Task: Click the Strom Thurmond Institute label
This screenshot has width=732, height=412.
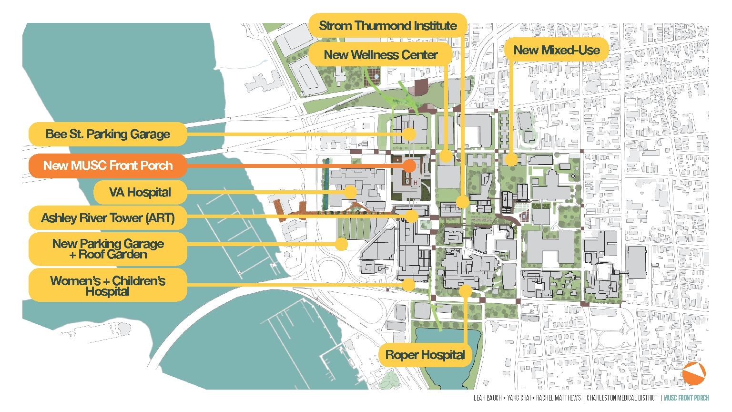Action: pos(387,26)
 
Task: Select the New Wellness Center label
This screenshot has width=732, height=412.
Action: pos(380,55)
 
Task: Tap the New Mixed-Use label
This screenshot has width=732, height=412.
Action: pos(556,50)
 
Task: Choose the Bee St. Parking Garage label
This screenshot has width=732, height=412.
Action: pos(108,134)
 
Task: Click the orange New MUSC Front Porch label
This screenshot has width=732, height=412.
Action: pos(108,165)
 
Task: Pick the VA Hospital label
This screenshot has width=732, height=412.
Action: pos(140,192)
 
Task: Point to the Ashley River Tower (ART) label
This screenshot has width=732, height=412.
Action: pos(108,218)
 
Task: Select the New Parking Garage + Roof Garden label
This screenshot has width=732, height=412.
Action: pos(108,249)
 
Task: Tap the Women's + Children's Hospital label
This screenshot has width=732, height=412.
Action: pos(108,286)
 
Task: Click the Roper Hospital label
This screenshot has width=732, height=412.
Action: pos(425,355)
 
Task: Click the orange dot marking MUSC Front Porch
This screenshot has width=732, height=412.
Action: pos(409,165)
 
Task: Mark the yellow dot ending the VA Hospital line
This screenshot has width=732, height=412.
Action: pos(350,192)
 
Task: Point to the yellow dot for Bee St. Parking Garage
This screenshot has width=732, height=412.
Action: pos(409,134)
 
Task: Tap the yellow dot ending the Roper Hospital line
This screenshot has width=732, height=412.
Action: pos(466,290)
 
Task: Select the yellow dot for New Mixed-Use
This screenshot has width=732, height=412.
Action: pos(511,159)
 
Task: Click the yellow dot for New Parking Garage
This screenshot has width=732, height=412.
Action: pos(341,244)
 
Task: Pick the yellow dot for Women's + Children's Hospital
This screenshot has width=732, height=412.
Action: pos(408,285)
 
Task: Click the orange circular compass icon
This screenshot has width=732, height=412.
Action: pos(694,373)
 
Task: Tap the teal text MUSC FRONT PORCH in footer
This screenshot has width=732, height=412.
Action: pos(686,398)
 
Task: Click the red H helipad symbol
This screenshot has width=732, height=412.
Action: pos(416,183)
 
